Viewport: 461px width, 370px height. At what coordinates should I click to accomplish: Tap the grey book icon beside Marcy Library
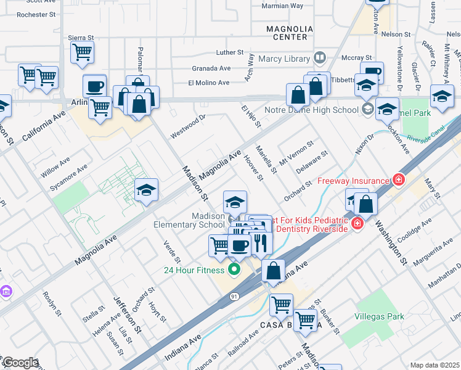(319, 59)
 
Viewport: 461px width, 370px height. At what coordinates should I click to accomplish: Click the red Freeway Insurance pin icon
(399, 180)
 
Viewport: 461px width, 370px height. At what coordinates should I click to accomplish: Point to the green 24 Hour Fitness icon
(234, 269)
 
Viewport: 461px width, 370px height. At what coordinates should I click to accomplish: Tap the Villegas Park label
(380, 316)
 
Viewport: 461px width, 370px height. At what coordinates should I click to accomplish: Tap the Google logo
(20, 363)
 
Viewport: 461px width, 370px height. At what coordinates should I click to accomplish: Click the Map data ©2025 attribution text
(435, 365)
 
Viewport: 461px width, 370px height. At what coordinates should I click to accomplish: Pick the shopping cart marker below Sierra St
(82, 53)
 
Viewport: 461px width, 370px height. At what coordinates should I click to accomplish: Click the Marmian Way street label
(282, 6)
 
